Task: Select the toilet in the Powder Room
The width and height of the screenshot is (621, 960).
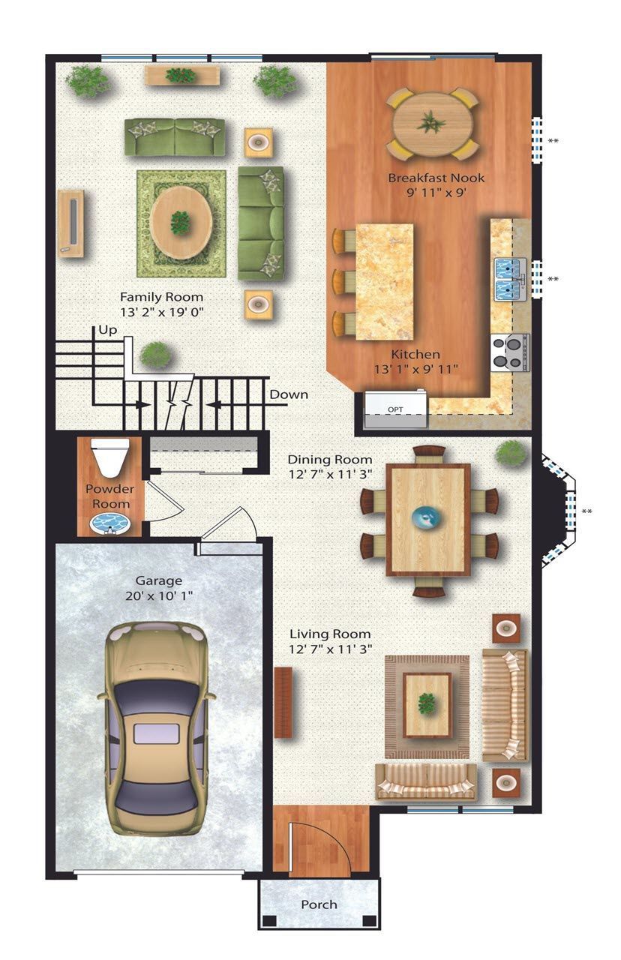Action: [110, 457]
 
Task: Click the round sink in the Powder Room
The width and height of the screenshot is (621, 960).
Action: [110, 524]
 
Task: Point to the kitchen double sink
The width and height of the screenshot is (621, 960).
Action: [510, 279]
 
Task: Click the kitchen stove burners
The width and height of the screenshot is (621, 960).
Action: [509, 352]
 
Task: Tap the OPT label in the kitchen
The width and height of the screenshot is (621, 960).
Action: [395, 409]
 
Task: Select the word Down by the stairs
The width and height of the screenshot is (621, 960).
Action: [289, 394]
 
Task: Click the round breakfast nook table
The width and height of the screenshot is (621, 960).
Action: [433, 124]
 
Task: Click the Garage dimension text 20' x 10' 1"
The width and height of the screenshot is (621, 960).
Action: [159, 595]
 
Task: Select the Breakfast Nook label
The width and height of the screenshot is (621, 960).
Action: [436, 178]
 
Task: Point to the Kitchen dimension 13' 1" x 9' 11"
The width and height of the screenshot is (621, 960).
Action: [415, 369]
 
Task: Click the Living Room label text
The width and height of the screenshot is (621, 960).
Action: [330, 634]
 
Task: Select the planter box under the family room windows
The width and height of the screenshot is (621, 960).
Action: [182, 76]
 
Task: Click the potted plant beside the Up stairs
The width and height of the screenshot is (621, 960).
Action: [156, 355]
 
